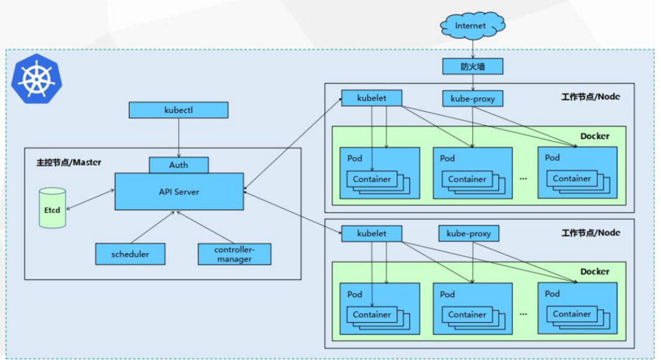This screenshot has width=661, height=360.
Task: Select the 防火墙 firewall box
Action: click(x=472, y=66)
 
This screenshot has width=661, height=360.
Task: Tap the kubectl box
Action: click(x=179, y=110)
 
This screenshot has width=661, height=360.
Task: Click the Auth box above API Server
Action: click(x=179, y=165)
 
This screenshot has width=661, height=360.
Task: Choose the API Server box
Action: click(x=179, y=192)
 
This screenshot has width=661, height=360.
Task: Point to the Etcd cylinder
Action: click(x=52, y=208)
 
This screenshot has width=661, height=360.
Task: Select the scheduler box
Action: click(x=130, y=254)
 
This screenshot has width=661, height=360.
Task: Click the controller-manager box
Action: click(x=234, y=254)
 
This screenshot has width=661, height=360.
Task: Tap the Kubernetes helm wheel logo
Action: click(x=36, y=79)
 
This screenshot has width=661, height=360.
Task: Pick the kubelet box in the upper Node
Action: click(x=372, y=98)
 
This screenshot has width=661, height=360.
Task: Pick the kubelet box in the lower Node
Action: click(x=372, y=234)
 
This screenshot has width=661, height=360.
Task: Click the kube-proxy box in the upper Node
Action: click(x=472, y=99)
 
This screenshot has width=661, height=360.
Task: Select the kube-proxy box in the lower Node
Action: click(x=468, y=233)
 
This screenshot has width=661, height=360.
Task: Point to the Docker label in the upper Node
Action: click(x=595, y=136)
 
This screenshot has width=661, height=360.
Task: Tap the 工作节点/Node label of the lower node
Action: click(x=591, y=233)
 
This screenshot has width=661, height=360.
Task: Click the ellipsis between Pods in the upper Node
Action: click(x=524, y=179)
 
